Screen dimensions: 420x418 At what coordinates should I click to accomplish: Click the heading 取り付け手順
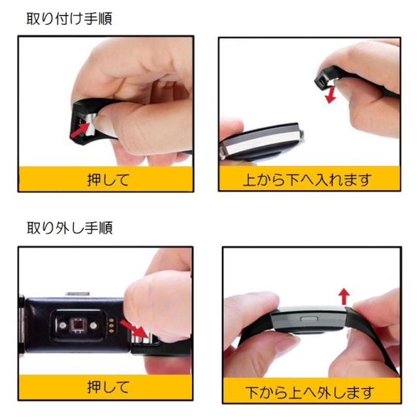pyautogui.click(x=69, y=18)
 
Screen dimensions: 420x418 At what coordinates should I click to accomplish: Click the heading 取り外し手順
pyautogui.click(x=69, y=228)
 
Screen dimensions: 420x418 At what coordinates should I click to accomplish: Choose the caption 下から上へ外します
pyautogui.click(x=310, y=393)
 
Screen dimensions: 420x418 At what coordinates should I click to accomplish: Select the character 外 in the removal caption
pyautogui.click(x=324, y=393)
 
